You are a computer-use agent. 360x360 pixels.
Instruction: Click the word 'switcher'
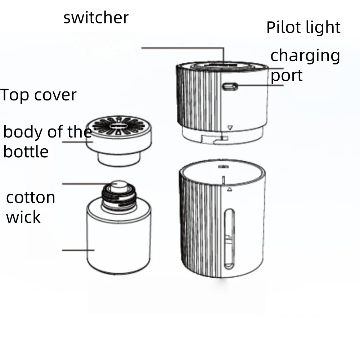tap(96, 18)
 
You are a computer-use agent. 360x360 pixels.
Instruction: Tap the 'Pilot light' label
tap(303, 27)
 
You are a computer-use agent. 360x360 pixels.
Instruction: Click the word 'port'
tap(287, 76)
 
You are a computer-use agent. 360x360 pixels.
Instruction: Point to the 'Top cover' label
tap(39, 95)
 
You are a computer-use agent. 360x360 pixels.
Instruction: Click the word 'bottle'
tap(26, 151)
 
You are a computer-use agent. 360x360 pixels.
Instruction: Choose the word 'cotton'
tap(31, 198)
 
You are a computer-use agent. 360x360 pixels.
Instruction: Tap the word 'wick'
tap(23, 217)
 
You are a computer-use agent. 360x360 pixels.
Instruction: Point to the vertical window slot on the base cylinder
tap(229, 240)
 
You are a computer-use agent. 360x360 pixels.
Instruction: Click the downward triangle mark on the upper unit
tap(231, 127)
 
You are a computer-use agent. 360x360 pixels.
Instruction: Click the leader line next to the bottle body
tap(78, 250)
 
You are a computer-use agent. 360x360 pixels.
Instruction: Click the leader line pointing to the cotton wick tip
tap(86, 184)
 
